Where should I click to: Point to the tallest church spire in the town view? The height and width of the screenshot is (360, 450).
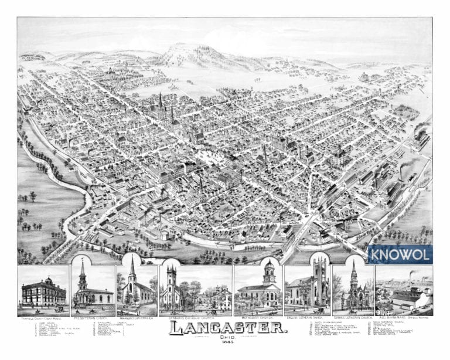tap(160, 100)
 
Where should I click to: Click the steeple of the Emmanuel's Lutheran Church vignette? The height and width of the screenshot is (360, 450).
tap(133, 267)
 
